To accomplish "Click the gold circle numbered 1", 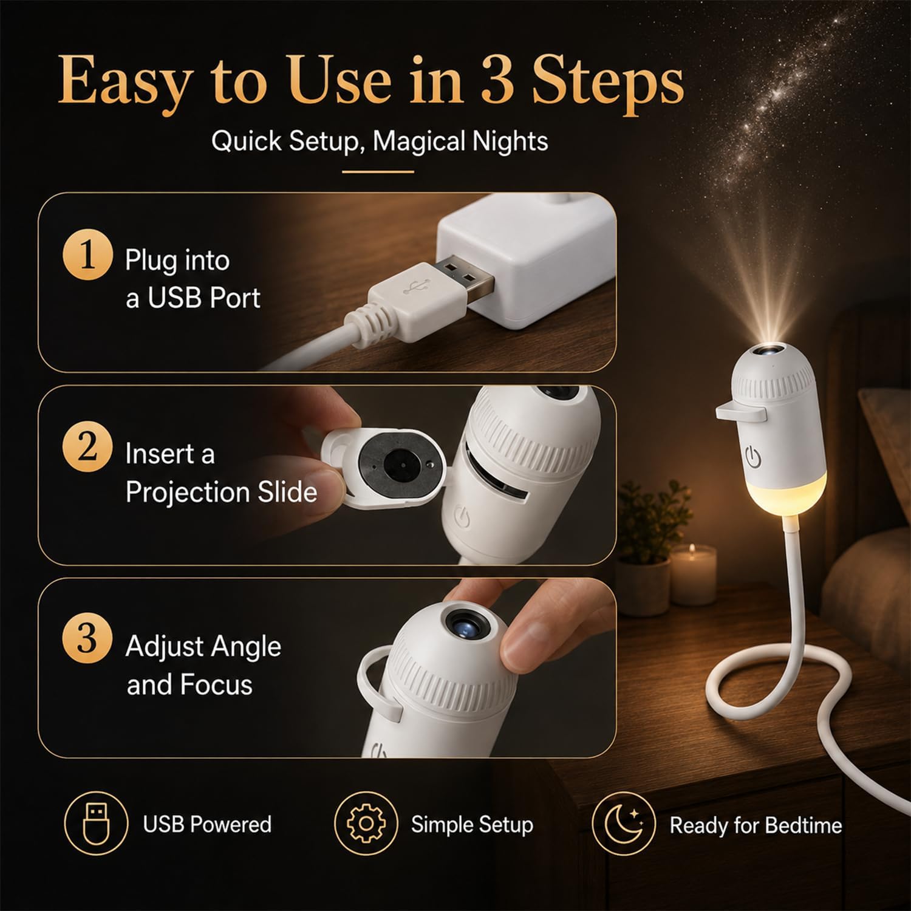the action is click(x=87, y=255).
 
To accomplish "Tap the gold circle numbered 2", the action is click(x=87, y=448).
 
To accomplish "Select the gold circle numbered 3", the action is click(x=87, y=639).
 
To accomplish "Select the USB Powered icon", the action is click(x=96, y=824).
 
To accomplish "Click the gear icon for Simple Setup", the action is click(x=366, y=824).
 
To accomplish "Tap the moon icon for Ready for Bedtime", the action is click(x=624, y=824).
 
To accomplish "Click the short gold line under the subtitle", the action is click(x=378, y=172).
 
